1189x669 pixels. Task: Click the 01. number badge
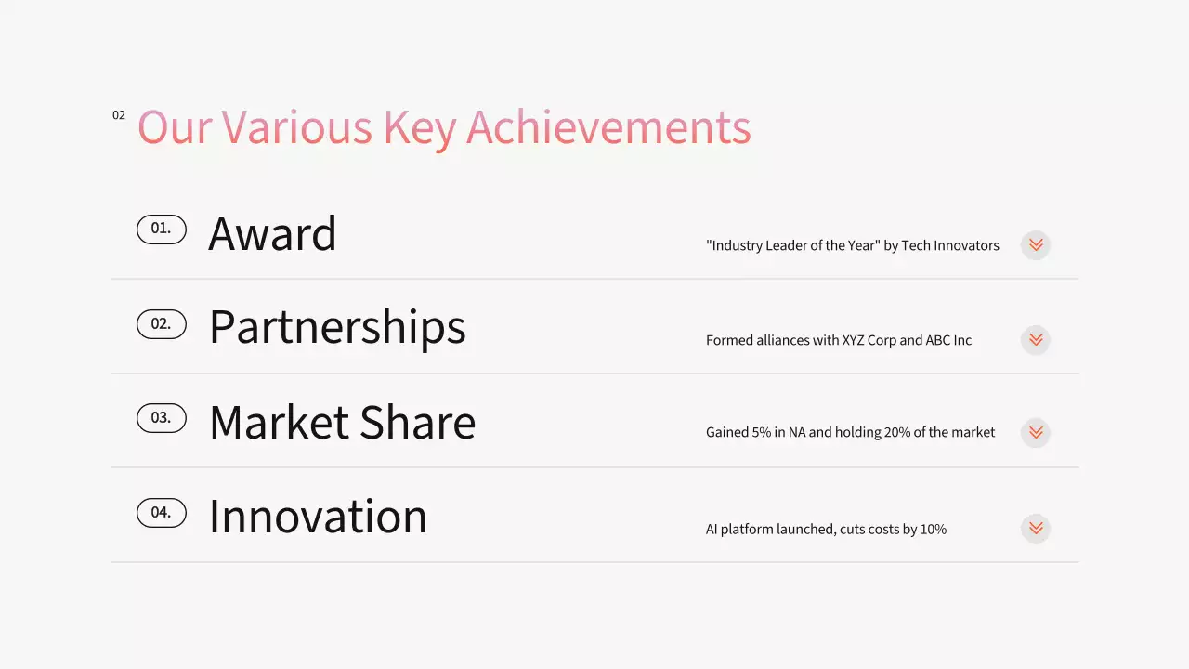point(162,230)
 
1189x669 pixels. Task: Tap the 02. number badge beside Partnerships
point(162,324)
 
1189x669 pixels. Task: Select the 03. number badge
point(162,418)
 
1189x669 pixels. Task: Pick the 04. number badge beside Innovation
point(162,513)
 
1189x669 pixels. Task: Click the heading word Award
point(272,234)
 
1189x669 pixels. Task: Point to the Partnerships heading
point(337,328)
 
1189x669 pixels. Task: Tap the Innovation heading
point(318,517)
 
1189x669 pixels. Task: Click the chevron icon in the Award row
point(1036,245)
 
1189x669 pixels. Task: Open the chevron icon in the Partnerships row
point(1036,340)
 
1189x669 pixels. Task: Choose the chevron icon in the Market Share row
point(1036,433)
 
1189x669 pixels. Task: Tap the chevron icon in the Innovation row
point(1036,529)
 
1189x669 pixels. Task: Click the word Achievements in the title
point(608,127)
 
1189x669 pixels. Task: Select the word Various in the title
point(296,127)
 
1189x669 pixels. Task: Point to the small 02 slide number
point(119,115)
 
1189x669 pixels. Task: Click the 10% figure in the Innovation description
point(933,529)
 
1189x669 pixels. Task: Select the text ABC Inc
point(948,340)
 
